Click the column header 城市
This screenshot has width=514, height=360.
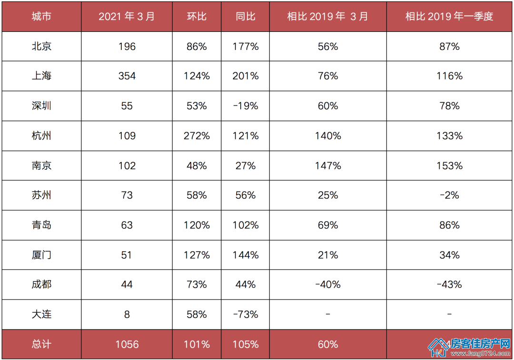tap(41, 16)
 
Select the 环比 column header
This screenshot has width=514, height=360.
tap(197, 16)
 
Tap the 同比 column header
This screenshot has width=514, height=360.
tap(246, 16)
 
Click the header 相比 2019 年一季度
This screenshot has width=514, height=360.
tap(449, 16)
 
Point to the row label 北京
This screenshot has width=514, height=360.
tap(41, 46)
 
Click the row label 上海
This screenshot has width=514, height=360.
tap(41, 76)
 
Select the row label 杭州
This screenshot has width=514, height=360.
tap(41, 136)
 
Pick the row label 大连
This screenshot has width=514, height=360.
tap(41, 314)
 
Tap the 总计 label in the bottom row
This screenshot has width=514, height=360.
tap(41, 344)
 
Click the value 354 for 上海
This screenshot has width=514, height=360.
tap(127, 76)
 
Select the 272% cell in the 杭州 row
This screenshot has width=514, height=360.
tap(197, 136)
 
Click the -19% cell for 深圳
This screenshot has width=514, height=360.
tap(246, 106)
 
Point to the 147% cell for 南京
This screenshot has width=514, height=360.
tap(328, 166)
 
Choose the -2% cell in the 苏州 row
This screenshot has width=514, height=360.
tap(449, 195)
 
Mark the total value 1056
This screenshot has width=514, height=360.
tap(127, 344)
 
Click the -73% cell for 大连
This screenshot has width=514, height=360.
tap(246, 314)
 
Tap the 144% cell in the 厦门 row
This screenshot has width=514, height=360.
tap(246, 255)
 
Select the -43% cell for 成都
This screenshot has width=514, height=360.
tap(449, 285)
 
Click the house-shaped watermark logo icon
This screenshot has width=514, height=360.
tap(439, 347)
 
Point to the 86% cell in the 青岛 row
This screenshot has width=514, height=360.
tap(449, 225)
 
